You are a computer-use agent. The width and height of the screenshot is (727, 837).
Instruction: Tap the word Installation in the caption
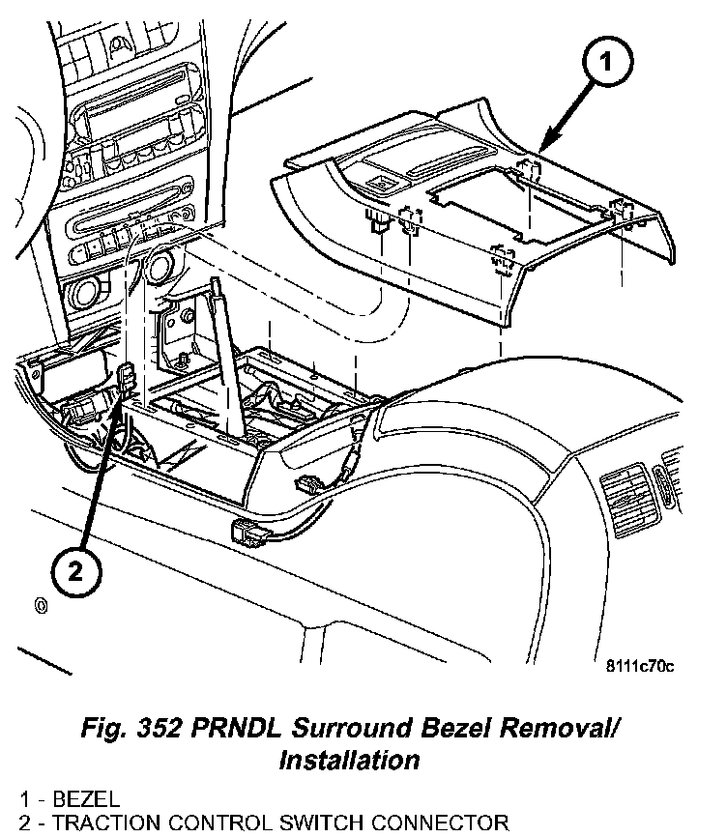click(x=349, y=760)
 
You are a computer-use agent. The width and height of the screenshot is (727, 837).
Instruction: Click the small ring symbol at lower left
click(x=42, y=606)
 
